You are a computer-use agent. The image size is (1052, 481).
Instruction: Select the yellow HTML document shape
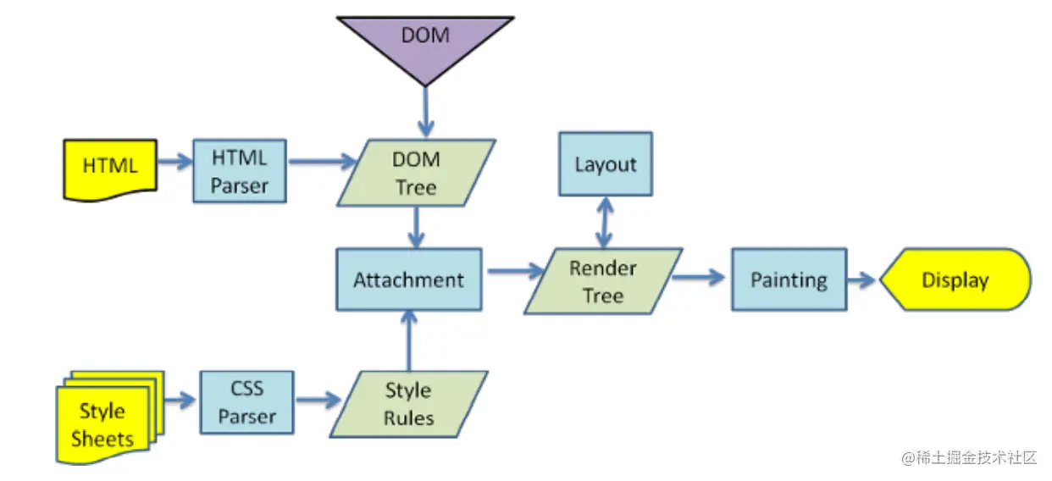click(110, 168)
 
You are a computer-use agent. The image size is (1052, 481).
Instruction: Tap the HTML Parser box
click(240, 171)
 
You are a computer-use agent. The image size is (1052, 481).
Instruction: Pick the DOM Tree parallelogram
click(416, 173)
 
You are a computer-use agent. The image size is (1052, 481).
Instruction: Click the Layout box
click(605, 163)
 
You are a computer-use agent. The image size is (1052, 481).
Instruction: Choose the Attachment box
click(409, 279)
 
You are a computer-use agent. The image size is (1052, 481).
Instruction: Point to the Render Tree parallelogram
click(603, 281)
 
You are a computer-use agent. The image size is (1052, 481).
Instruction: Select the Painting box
click(789, 279)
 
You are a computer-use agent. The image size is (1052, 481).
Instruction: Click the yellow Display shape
click(955, 279)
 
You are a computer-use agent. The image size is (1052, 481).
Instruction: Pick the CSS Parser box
click(247, 402)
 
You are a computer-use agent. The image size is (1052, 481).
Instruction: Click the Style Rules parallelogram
click(408, 404)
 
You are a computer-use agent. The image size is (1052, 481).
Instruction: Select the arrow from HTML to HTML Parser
click(174, 161)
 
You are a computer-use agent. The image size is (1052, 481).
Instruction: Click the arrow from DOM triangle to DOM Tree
click(425, 110)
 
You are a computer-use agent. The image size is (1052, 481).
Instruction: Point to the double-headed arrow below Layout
click(605, 223)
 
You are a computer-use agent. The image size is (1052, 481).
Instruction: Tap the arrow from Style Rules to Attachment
click(409, 340)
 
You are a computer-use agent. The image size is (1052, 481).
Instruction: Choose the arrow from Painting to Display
click(861, 279)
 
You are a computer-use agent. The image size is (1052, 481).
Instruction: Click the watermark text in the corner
click(969, 457)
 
